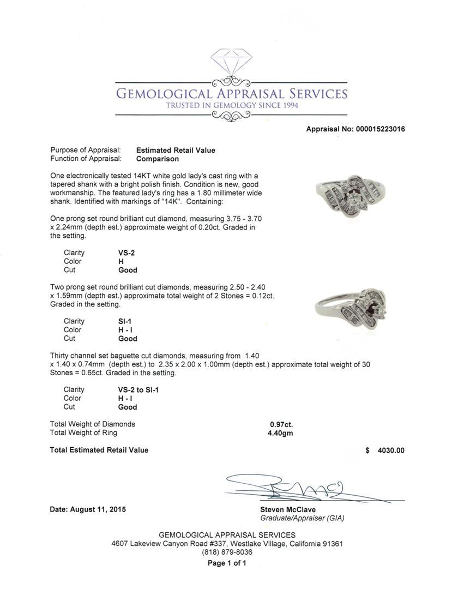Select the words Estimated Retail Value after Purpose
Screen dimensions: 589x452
tap(176, 151)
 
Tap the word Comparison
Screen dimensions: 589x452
tap(158, 159)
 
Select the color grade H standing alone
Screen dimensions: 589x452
tap(113, 261)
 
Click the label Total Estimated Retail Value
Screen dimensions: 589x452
tap(99, 450)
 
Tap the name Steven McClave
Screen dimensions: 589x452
tap(287, 509)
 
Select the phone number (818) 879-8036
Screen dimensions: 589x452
tap(227, 552)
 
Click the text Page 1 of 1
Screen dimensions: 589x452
tap(227, 563)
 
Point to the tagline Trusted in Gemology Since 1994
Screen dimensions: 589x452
tap(232, 105)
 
